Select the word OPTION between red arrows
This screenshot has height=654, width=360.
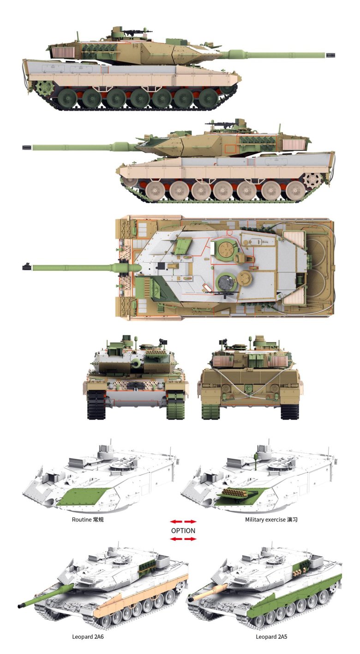[x=183, y=531]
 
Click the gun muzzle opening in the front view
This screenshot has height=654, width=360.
[x=137, y=363]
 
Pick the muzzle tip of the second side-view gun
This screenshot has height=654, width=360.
[x=27, y=147]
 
